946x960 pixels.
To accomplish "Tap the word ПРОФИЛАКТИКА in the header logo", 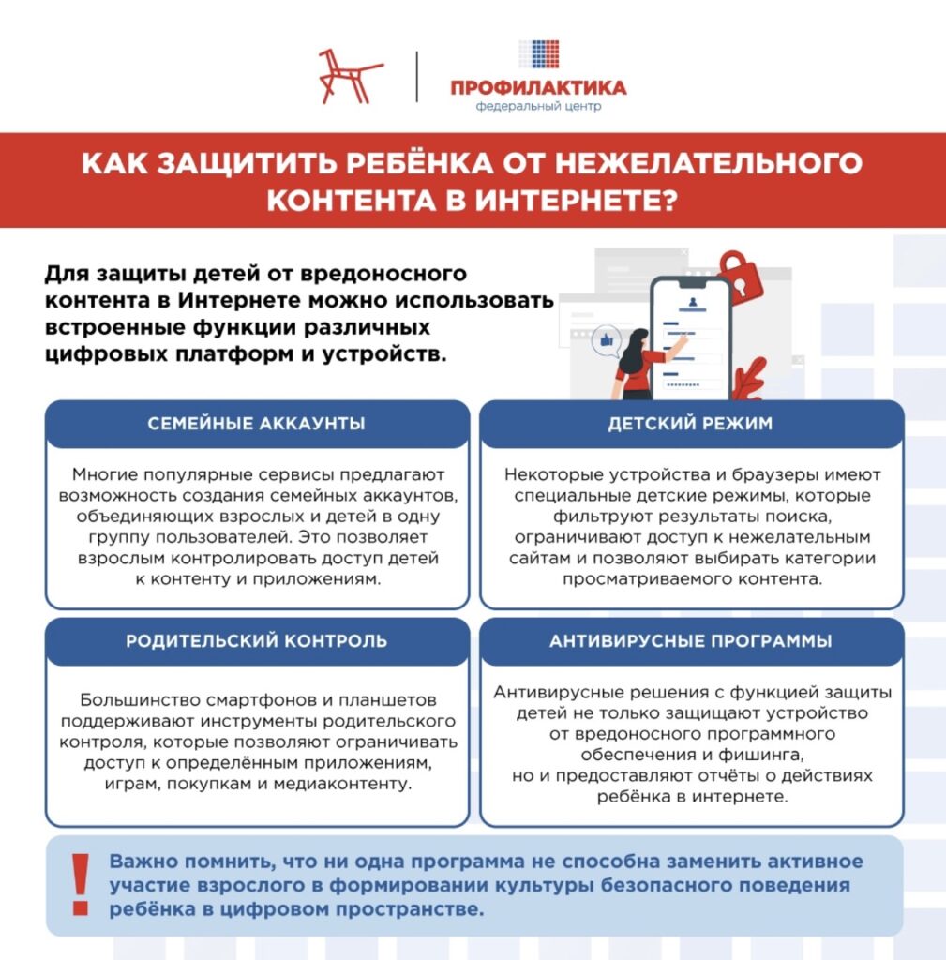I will (x=538, y=88).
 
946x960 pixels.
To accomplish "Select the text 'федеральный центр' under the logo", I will (x=538, y=106).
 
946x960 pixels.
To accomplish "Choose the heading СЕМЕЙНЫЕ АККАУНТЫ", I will (x=256, y=424).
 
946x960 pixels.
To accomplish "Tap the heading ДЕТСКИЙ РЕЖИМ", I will (x=690, y=424).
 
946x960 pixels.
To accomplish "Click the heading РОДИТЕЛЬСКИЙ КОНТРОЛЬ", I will (x=256, y=641).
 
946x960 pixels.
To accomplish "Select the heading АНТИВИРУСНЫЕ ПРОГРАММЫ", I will (x=690, y=641).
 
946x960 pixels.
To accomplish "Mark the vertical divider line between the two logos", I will (x=417, y=77).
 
